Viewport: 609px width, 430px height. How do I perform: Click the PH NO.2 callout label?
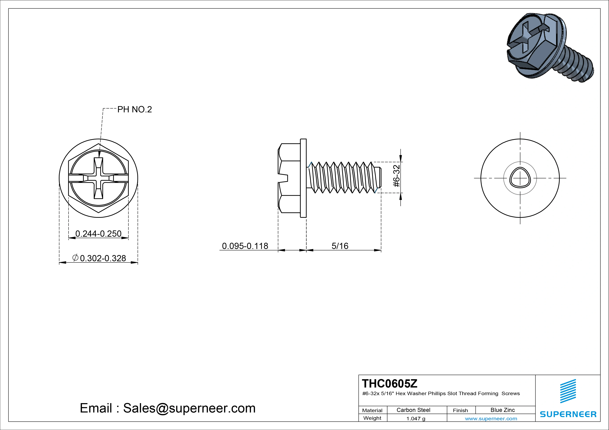point(135,109)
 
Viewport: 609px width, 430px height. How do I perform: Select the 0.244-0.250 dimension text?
point(98,234)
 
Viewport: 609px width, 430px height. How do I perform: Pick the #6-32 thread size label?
point(396,176)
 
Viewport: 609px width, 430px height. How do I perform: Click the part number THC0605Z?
point(389,383)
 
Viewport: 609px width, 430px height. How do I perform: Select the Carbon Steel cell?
point(413,410)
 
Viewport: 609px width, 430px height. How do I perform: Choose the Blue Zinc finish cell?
point(502,410)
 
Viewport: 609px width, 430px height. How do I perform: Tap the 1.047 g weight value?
point(416,419)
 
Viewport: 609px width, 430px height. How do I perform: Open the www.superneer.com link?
point(491,419)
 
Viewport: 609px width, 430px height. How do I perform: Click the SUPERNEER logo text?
point(568,414)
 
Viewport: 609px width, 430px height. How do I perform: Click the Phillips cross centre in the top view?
point(98,178)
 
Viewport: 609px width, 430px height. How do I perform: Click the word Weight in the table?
point(372,418)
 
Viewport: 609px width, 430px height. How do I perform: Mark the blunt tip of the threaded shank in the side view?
point(381,178)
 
